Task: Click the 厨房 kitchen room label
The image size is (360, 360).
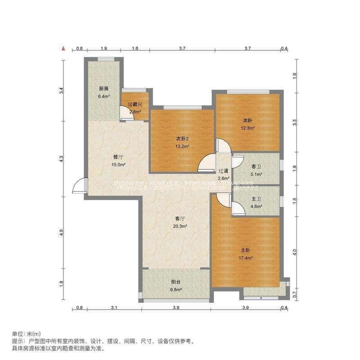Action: (x=103, y=89)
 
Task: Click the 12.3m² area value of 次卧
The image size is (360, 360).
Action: (x=247, y=128)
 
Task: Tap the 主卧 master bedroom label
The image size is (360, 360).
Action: (x=245, y=250)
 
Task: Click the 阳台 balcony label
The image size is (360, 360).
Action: (x=176, y=282)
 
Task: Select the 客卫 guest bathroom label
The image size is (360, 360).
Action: (x=256, y=166)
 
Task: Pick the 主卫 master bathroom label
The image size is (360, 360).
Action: (x=256, y=200)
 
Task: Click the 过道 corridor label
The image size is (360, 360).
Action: (x=224, y=171)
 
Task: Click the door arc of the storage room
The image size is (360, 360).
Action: (x=123, y=114)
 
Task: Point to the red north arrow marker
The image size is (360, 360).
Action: (x=64, y=48)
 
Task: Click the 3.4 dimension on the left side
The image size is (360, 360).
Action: (x=62, y=90)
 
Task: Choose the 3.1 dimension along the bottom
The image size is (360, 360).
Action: (x=114, y=308)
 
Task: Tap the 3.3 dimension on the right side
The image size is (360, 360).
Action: (x=294, y=121)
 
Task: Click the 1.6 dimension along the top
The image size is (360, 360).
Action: (x=135, y=48)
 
